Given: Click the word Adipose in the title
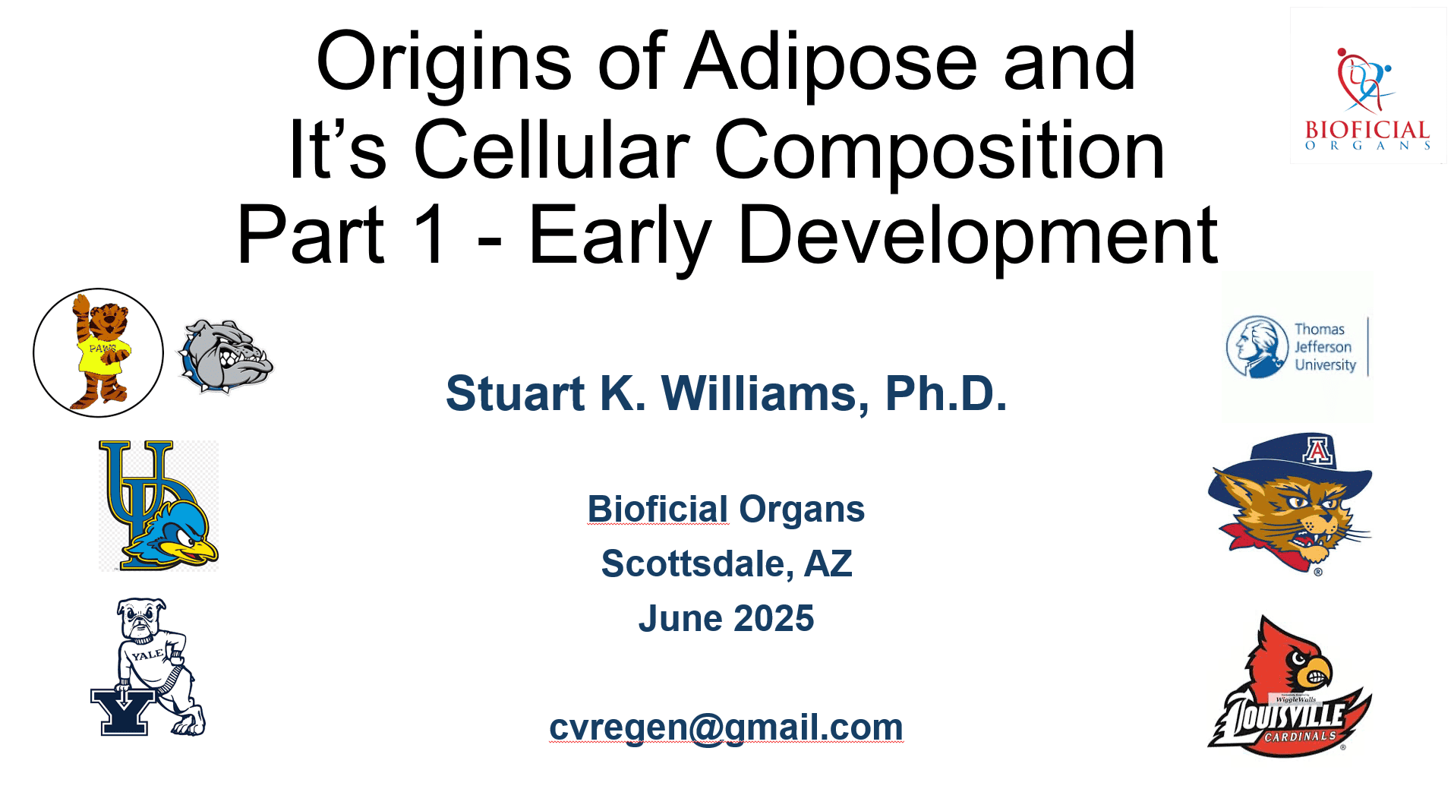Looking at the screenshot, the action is [831, 64].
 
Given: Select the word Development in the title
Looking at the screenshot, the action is [977, 238].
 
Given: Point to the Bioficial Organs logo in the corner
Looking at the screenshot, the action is [1367, 86].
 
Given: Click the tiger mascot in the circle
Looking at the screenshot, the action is [99, 352].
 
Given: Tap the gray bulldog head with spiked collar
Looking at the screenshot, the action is [225, 355].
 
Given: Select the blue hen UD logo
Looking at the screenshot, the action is [159, 505].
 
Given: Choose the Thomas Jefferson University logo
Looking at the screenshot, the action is [1298, 347].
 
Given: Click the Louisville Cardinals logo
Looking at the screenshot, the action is [1290, 686].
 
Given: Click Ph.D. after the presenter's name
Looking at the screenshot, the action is [946, 393].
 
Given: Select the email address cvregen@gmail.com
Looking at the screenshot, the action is [726, 727].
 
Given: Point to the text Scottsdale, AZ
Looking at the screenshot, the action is [727, 563].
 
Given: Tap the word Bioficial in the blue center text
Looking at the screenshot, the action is [658, 509].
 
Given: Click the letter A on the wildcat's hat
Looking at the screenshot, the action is [1317, 451].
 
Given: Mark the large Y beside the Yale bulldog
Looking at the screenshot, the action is [123, 711].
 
